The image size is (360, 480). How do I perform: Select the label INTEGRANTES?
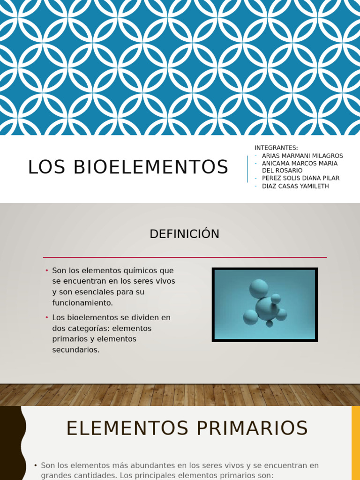(x=276, y=148)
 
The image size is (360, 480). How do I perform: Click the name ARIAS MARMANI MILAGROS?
(x=302, y=156)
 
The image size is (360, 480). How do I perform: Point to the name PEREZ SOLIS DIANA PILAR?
(x=300, y=178)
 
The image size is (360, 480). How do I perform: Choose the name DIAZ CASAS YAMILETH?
(x=295, y=186)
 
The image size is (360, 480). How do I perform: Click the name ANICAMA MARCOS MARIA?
(x=300, y=163)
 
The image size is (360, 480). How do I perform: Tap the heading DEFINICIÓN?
(x=184, y=234)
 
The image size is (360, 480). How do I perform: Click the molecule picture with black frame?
(x=264, y=304)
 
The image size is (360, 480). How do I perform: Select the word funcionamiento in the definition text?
(x=82, y=303)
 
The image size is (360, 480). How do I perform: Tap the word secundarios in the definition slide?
(x=76, y=350)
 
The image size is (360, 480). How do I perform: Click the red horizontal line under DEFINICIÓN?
(x=185, y=257)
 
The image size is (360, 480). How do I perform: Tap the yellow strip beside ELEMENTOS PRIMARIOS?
(x=355, y=443)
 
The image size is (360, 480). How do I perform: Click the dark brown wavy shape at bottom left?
(x=10, y=443)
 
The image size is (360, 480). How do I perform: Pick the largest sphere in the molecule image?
(x=266, y=308)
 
